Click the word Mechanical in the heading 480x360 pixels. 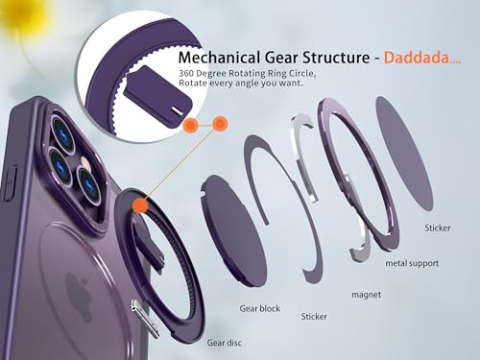click(x=219, y=58)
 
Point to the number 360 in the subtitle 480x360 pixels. click(x=186, y=73)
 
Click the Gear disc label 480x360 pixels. click(x=224, y=343)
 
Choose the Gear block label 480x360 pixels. click(x=260, y=308)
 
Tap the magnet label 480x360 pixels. click(x=366, y=295)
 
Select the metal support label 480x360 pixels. click(x=412, y=263)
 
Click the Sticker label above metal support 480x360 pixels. click(x=437, y=228)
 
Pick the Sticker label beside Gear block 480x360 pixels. click(x=314, y=317)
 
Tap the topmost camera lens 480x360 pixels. click(x=63, y=131)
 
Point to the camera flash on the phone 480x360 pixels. click(x=86, y=163)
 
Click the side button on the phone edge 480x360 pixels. click(x=11, y=183)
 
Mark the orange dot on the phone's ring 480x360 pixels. click(x=140, y=205)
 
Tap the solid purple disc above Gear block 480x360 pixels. click(x=233, y=230)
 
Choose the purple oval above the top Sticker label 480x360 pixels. click(x=404, y=154)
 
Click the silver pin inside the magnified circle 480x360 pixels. click(x=176, y=110)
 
